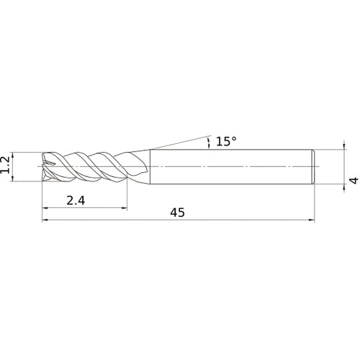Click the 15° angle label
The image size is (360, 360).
[226, 141]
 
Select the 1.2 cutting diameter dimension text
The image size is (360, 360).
[5, 165]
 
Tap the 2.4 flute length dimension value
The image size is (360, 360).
[76, 200]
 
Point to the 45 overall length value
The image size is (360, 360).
[178, 212]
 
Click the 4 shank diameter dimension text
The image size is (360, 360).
[354, 180]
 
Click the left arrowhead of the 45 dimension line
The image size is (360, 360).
[45, 220]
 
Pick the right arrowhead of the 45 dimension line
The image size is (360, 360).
[312, 220]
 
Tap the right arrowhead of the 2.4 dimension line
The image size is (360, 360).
[125, 208]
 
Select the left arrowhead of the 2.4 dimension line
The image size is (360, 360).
[45, 208]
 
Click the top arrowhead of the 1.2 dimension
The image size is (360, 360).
[13, 155]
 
